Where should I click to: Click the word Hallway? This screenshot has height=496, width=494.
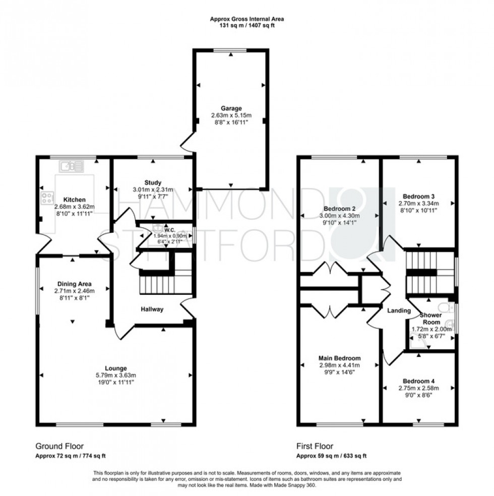[x=152, y=309]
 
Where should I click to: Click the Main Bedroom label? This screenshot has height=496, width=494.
[x=340, y=358]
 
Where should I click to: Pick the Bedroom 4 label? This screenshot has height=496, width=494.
[x=418, y=381]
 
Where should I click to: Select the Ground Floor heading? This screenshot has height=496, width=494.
[x=59, y=446]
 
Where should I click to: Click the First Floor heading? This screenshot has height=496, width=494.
[x=315, y=446]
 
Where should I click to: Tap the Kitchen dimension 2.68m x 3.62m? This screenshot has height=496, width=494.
[x=75, y=207]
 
